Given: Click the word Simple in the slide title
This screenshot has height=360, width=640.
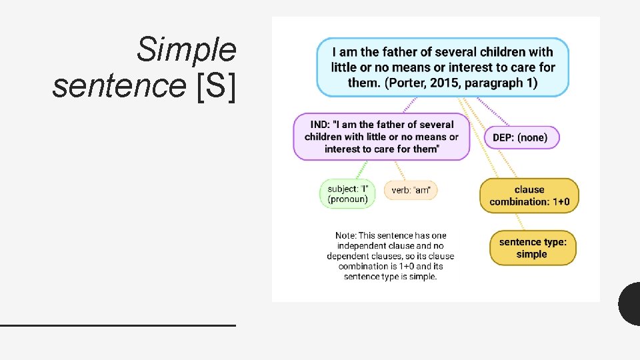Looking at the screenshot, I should click(x=186, y=50).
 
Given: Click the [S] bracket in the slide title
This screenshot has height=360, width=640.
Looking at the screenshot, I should click(x=217, y=87).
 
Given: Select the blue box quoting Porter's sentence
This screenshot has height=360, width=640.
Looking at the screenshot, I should click(x=442, y=67).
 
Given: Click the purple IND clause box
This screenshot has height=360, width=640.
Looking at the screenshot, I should click(x=381, y=137).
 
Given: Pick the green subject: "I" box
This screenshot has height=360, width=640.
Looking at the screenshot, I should click(x=347, y=194).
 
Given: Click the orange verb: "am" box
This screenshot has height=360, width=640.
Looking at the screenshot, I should click(x=411, y=191).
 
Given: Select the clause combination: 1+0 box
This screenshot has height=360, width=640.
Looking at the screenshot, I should click(x=529, y=196).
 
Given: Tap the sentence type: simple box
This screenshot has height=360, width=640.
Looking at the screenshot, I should click(x=532, y=248).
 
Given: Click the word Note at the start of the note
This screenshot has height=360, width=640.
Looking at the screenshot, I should click(x=345, y=235).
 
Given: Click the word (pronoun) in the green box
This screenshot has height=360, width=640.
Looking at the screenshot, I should click(x=347, y=199).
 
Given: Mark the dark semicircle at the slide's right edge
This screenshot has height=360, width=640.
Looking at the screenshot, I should click(x=630, y=304).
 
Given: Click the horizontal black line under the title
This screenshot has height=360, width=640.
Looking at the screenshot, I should click(x=118, y=325).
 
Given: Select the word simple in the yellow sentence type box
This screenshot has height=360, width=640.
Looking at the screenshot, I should click(x=531, y=254).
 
